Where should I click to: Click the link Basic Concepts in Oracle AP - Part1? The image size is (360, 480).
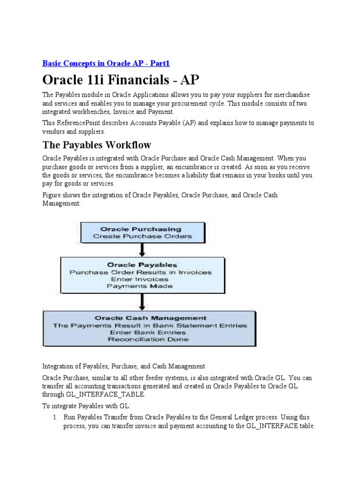pos(109,63)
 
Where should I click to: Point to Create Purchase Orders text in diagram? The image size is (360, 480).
pos(142,236)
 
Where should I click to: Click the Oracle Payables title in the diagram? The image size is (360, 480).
pos(142,265)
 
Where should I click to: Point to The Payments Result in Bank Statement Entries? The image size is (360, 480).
pos(150,325)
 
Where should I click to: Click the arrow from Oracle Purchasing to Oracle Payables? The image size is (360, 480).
pos(142,249)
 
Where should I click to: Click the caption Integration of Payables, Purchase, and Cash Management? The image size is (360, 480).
pos(124,366)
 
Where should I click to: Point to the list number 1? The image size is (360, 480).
pos(54,417)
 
